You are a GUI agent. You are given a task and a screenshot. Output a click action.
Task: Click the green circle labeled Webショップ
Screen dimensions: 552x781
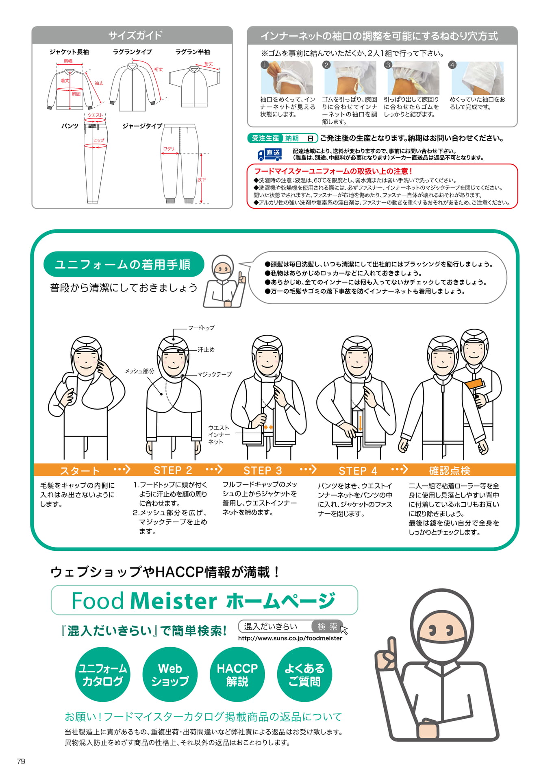tap(170, 674)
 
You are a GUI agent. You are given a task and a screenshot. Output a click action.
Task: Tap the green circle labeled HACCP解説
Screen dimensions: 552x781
tap(237, 674)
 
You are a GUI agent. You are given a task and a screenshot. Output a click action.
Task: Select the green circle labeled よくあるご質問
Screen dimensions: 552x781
tap(304, 674)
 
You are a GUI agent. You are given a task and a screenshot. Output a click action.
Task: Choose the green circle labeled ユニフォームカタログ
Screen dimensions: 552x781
tap(102, 674)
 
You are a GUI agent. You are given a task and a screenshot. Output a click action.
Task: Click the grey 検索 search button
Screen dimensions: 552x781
tap(328, 626)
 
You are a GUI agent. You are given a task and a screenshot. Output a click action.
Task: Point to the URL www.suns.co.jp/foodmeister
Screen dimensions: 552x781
tap(290, 638)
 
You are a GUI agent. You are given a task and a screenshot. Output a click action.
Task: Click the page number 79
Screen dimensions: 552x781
tap(21, 761)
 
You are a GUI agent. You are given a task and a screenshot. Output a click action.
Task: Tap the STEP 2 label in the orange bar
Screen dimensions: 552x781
tap(173, 470)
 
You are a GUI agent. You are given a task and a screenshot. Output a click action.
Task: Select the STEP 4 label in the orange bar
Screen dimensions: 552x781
tap(358, 471)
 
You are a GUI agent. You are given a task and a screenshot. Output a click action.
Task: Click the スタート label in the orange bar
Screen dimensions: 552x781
tap(80, 471)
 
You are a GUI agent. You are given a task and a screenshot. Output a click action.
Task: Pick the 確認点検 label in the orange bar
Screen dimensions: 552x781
tap(450, 471)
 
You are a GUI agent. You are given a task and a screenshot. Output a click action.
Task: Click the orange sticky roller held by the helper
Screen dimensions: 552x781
tap(475, 385)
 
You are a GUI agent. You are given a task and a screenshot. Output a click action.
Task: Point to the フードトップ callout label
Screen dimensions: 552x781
tap(201, 327)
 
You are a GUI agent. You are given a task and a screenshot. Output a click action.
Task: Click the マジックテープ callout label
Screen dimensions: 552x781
tap(215, 374)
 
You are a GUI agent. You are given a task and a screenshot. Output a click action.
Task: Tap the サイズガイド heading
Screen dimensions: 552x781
tap(135, 35)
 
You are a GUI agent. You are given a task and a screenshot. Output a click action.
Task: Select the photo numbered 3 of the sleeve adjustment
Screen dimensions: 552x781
tap(413, 78)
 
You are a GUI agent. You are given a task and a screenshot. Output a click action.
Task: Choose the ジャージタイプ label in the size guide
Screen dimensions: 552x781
tap(142, 126)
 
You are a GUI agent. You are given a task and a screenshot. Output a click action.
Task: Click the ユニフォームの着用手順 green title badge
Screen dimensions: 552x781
tap(123, 264)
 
